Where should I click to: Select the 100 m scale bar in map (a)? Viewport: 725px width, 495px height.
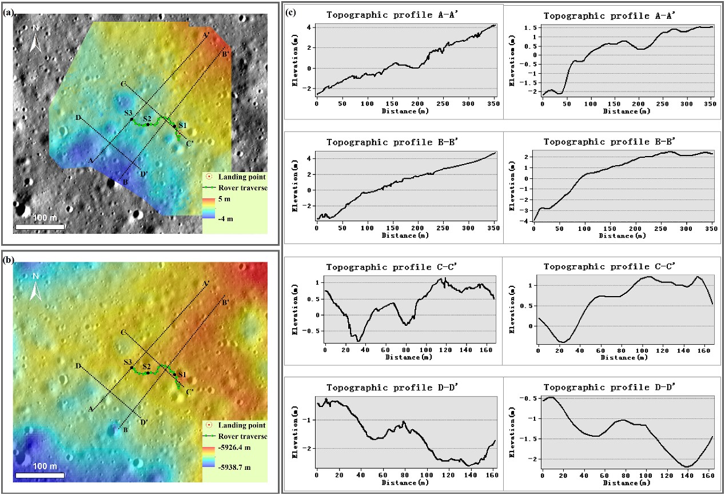(x=39, y=227)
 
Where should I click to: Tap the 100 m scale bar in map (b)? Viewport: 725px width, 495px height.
(x=39, y=474)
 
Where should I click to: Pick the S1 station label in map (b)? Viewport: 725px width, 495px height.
(x=182, y=374)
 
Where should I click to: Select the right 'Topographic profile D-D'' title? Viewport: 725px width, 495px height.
(x=610, y=386)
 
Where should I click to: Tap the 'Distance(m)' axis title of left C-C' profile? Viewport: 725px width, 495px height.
(x=409, y=357)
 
